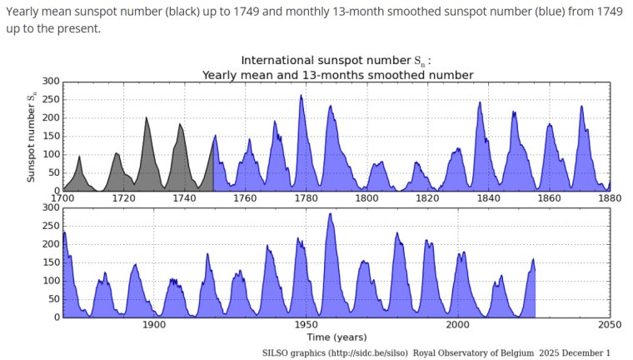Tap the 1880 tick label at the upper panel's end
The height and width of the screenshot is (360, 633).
[609, 198]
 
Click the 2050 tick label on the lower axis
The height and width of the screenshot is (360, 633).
[609, 325]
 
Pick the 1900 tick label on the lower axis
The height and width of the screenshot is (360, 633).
[154, 325]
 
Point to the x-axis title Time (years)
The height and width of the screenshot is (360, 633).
[336, 337]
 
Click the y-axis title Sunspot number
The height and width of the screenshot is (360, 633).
[31, 137]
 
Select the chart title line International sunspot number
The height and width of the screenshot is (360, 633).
[336, 61]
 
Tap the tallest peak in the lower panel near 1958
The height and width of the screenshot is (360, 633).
[331, 214]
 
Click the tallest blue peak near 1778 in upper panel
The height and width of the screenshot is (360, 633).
[301, 96]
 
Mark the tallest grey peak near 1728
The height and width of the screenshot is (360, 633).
[147, 118]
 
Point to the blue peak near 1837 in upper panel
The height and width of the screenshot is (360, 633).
[480, 103]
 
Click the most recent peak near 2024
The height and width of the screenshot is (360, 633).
[533, 260]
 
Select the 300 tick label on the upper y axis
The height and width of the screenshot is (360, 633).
[51, 81]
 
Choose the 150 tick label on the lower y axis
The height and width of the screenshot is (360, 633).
[51, 262]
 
